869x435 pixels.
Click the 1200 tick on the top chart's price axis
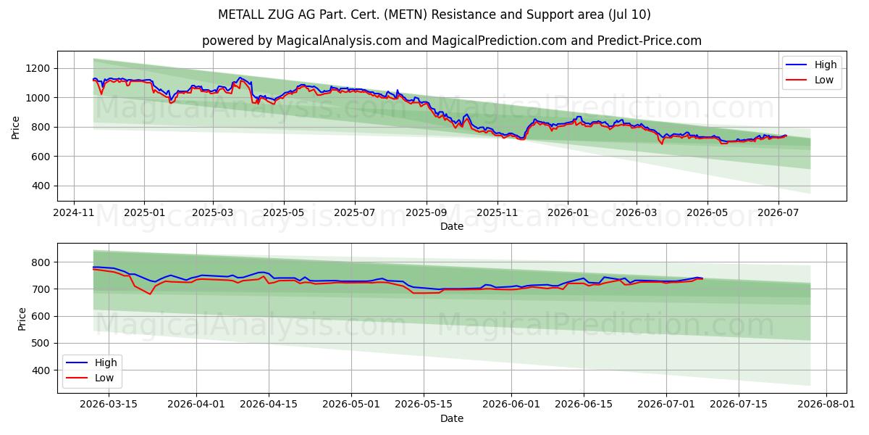(38, 69)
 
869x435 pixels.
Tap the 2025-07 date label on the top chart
(355, 213)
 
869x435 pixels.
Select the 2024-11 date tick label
(74, 213)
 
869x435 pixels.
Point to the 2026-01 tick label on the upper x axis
(568, 213)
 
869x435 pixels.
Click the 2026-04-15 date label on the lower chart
(269, 404)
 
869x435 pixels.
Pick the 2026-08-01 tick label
(826, 404)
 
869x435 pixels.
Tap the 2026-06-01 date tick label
(511, 404)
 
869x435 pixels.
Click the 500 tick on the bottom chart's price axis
(41, 344)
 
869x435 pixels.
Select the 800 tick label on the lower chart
(41, 262)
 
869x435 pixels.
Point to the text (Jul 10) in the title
(629, 14)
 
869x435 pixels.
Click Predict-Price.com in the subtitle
(649, 41)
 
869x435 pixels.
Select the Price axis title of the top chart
(15, 128)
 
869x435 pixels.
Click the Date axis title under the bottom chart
(452, 418)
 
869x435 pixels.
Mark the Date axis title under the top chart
(452, 226)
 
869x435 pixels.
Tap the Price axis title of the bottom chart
(22, 319)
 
